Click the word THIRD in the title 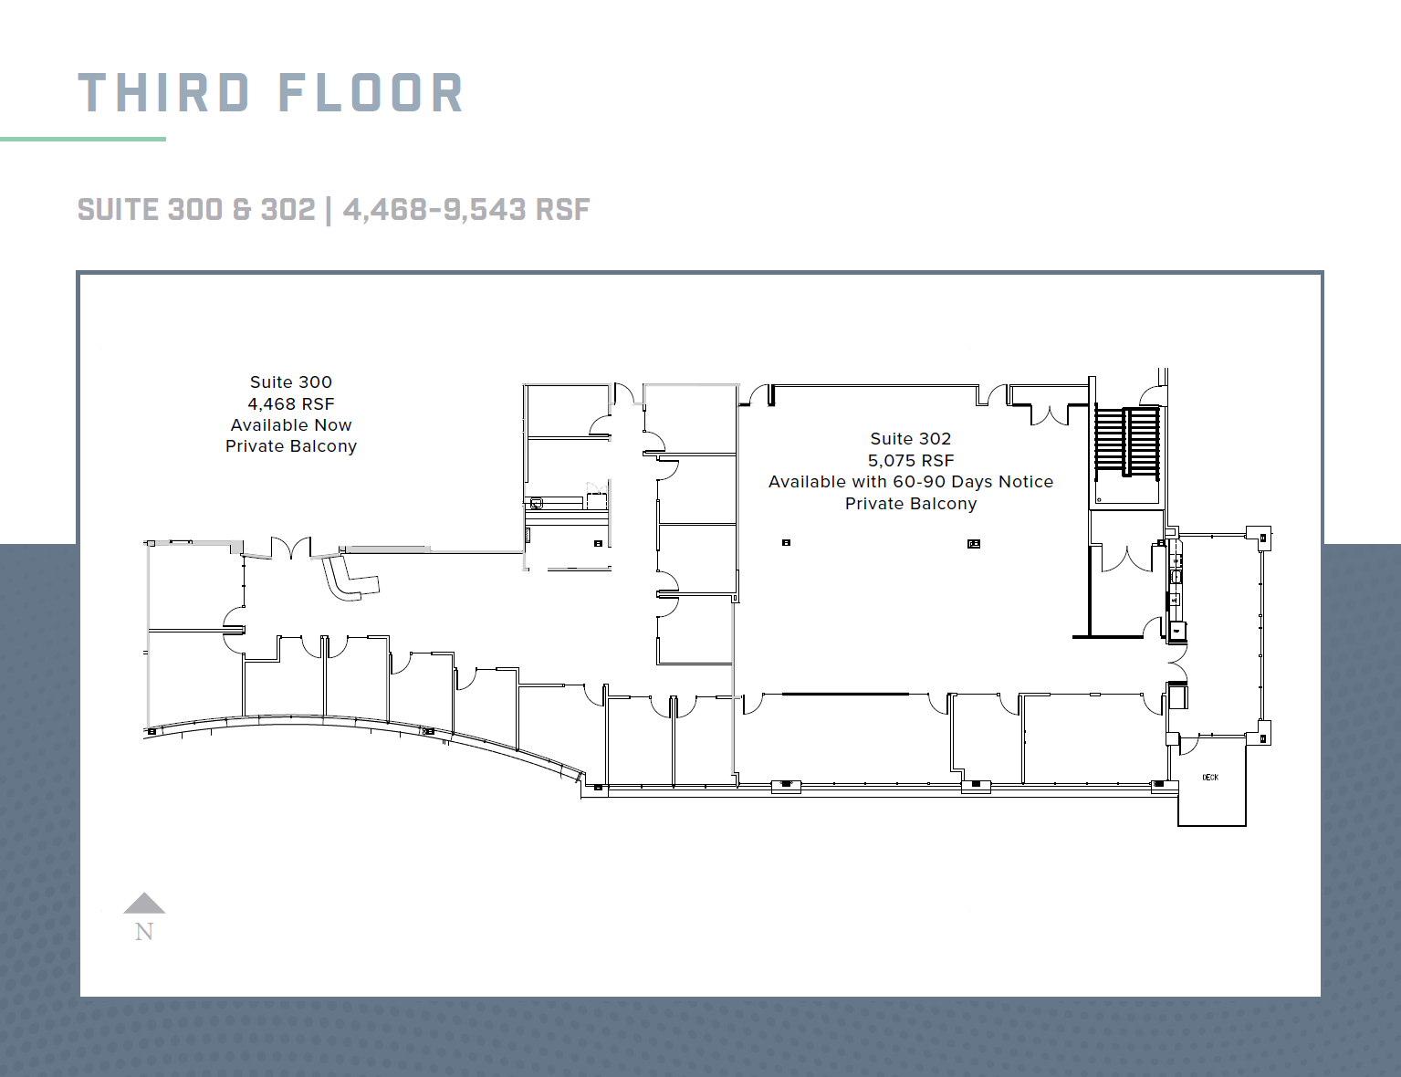pos(163,93)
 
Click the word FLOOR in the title pos(371,93)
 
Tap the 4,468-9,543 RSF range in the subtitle pos(466,210)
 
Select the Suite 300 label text pos(291,382)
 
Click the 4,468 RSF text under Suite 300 pos(291,403)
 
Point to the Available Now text pos(291,425)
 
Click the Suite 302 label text pos(910,439)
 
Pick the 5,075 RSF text pos(910,461)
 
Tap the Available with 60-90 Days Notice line pos(910,482)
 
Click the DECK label pos(1210,778)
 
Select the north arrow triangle pos(144,904)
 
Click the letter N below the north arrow pos(144,932)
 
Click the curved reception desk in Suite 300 pos(349,580)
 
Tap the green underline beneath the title pos(83,139)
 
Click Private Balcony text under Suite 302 pos(910,504)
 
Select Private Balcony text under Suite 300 pos(291,446)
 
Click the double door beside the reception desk pos(291,549)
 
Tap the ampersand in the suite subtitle pos(242,210)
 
